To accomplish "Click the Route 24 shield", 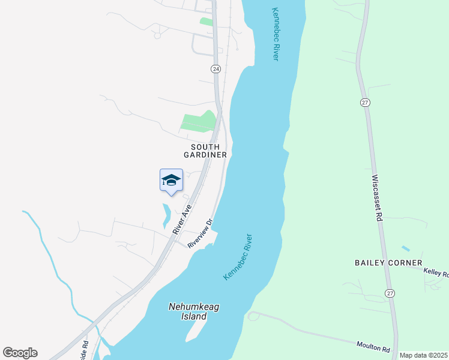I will tap(216, 69).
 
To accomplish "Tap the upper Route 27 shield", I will tap(364, 103).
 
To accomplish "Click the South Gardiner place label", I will tap(209, 151).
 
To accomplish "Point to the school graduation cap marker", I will tap(171, 179).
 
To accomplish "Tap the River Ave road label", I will tap(182, 220).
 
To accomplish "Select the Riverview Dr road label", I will tap(200, 233).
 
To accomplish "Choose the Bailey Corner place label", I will tap(388, 263).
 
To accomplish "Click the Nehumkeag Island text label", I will tap(194, 311).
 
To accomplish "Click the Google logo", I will tap(20, 352).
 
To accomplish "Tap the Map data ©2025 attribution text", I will tap(423, 355).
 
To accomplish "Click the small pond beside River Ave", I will tap(166, 216).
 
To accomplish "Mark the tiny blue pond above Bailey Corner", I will tap(406, 248).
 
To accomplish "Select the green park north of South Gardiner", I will tap(199, 122).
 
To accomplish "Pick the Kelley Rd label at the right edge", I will tap(436, 272).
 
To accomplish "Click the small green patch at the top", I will tap(206, 22).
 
